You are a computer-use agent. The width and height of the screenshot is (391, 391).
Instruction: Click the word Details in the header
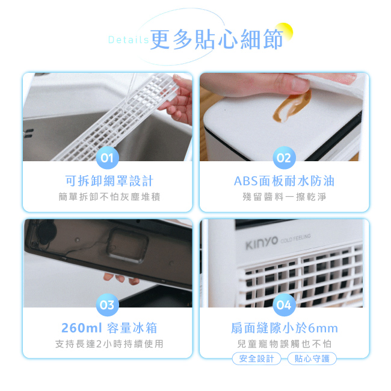pos(128,40)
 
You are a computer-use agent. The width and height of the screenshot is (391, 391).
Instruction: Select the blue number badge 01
pos(107,159)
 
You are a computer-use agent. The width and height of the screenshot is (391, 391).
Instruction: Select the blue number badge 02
pos(284,159)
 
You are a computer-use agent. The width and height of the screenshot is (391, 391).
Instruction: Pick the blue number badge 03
pos(107,305)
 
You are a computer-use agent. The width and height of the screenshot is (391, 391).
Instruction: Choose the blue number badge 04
pos(284,305)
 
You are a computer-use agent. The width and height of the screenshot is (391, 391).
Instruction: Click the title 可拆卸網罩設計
pos(109,181)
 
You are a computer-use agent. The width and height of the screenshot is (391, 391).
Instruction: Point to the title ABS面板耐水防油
pos(284,181)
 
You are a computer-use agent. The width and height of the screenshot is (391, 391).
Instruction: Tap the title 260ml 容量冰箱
pos(109,328)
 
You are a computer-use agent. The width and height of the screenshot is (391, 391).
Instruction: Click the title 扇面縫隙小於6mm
pos(284,328)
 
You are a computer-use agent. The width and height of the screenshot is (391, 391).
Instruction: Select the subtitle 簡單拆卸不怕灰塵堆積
pos(109,197)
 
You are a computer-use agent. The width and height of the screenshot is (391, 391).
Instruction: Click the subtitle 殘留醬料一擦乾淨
pos(284,197)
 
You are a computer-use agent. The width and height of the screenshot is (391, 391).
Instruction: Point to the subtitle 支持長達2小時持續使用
pos(109,343)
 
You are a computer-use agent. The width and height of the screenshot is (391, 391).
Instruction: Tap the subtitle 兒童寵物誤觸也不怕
pos(284,343)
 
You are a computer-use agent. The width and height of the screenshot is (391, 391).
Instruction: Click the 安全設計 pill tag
pos(256,359)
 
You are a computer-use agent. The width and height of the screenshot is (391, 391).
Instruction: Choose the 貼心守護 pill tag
pos(312,359)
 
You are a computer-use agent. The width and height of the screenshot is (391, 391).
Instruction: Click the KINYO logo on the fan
pos(261,241)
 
